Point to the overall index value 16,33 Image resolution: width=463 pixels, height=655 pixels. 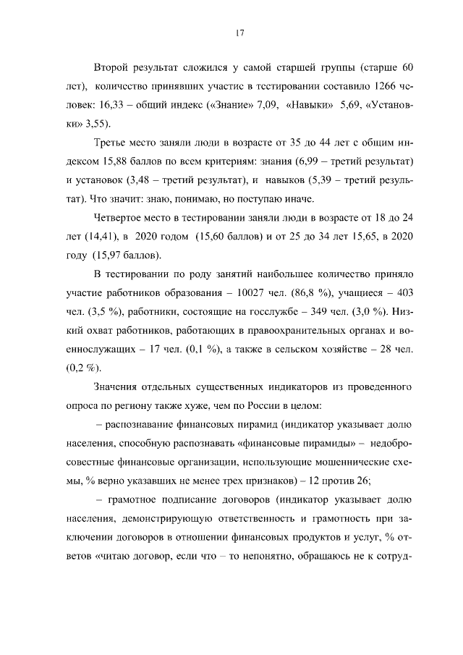click(x=106, y=106)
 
